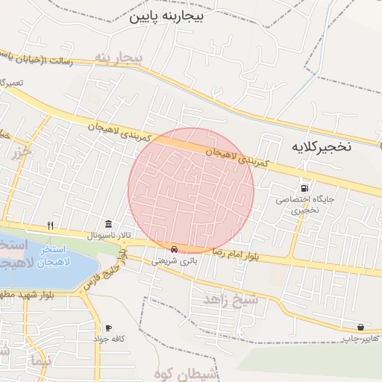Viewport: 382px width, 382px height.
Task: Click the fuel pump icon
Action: pos(304,187)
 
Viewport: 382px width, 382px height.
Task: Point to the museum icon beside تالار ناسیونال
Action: pos(110,225)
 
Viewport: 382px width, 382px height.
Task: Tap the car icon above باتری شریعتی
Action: pos(175,249)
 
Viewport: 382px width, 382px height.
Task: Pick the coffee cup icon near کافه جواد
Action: pos(108,328)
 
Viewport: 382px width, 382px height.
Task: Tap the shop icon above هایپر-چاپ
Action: pos(361,327)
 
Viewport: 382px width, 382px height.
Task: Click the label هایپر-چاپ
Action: pos(357,339)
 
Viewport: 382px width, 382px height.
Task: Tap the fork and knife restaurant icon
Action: pos(50,225)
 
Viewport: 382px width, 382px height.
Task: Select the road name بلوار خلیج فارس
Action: pos(104,273)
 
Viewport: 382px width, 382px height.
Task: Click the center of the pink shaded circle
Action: pos(191,190)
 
